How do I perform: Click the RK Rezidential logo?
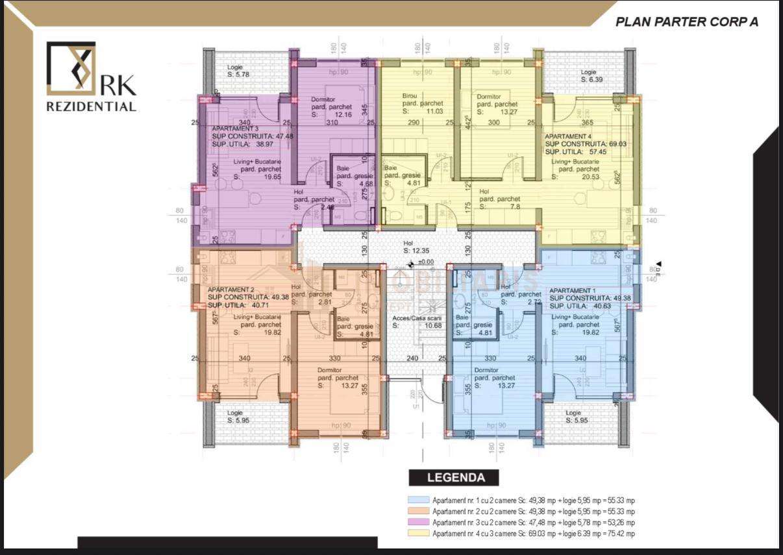(x=91, y=77)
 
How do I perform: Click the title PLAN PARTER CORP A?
(x=686, y=21)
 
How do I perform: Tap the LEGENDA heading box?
(x=455, y=478)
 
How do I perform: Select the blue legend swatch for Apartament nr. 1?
(x=418, y=500)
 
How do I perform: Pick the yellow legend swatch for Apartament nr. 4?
(x=418, y=533)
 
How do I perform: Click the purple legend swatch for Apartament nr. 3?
(x=418, y=522)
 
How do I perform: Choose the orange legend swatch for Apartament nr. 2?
(x=418, y=512)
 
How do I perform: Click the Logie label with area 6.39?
(x=588, y=75)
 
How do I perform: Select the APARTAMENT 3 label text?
(x=234, y=129)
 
